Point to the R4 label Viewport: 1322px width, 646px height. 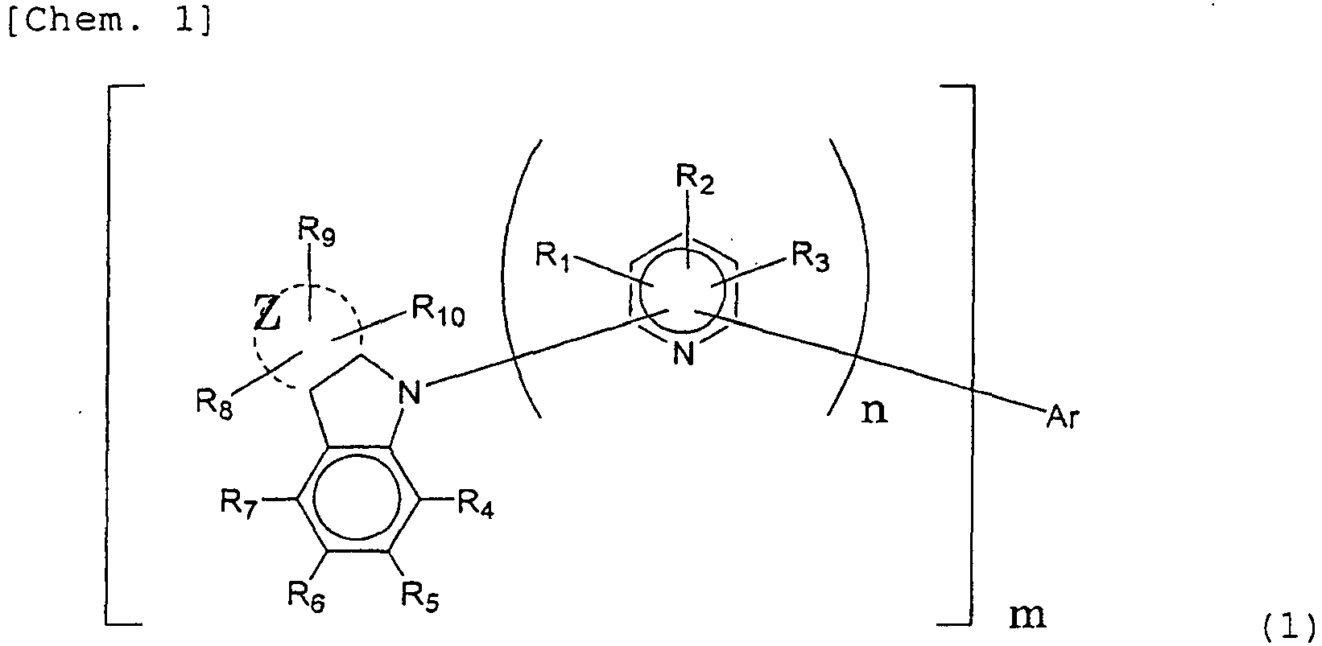tap(476, 504)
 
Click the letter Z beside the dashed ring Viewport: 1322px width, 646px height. tap(267, 316)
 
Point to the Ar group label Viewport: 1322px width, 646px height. tap(1061, 418)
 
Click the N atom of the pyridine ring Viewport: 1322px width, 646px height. tap(683, 354)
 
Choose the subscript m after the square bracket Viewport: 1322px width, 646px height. tap(1027, 616)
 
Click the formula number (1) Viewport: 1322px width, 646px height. tap(1287, 624)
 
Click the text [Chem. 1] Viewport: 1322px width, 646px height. tap(110, 23)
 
